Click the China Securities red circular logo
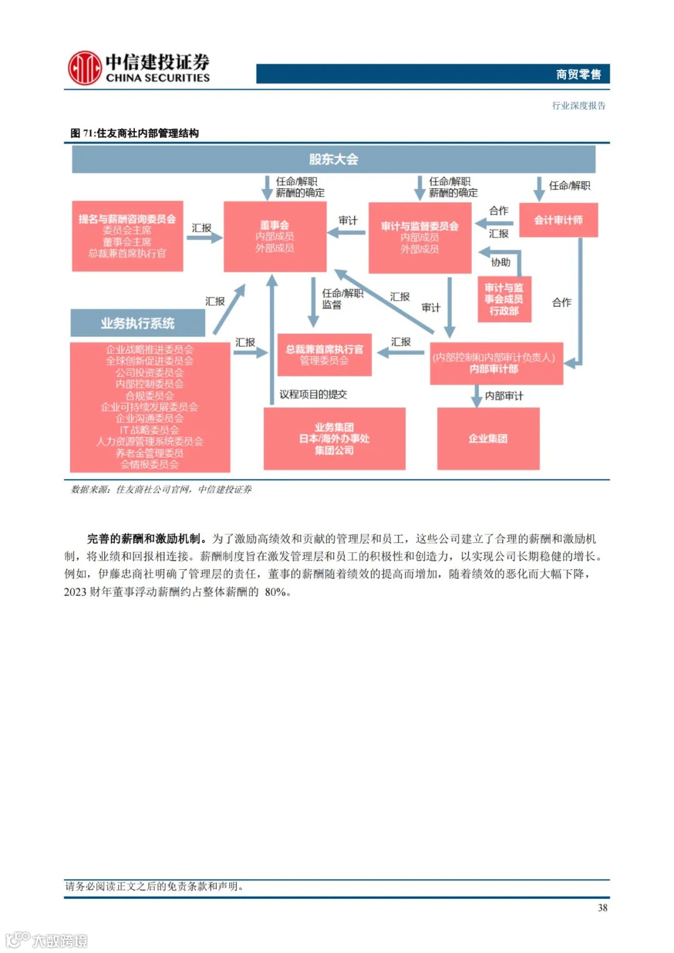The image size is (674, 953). coord(84,68)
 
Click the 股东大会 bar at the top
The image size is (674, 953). coord(333,159)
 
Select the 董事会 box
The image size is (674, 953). coord(275,237)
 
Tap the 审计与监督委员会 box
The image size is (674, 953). coord(419,237)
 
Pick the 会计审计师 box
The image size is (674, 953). coord(558,220)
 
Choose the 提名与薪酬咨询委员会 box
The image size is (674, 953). coord(127,236)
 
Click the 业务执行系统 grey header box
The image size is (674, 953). coord(137,323)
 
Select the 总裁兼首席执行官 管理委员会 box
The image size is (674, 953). coord(324,354)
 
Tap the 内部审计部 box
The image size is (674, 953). coord(496,363)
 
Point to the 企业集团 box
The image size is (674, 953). coord(488,438)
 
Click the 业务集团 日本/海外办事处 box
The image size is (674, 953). coord(334,438)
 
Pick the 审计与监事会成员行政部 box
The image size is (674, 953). coord(504,299)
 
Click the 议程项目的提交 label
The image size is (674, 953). coord(313,394)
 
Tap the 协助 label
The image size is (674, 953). coord(501,263)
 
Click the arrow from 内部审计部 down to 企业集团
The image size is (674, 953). coord(476,396)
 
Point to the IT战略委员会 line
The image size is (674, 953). coord(149,430)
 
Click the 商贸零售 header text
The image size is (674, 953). coord(578,75)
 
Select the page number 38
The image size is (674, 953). coord(602,908)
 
